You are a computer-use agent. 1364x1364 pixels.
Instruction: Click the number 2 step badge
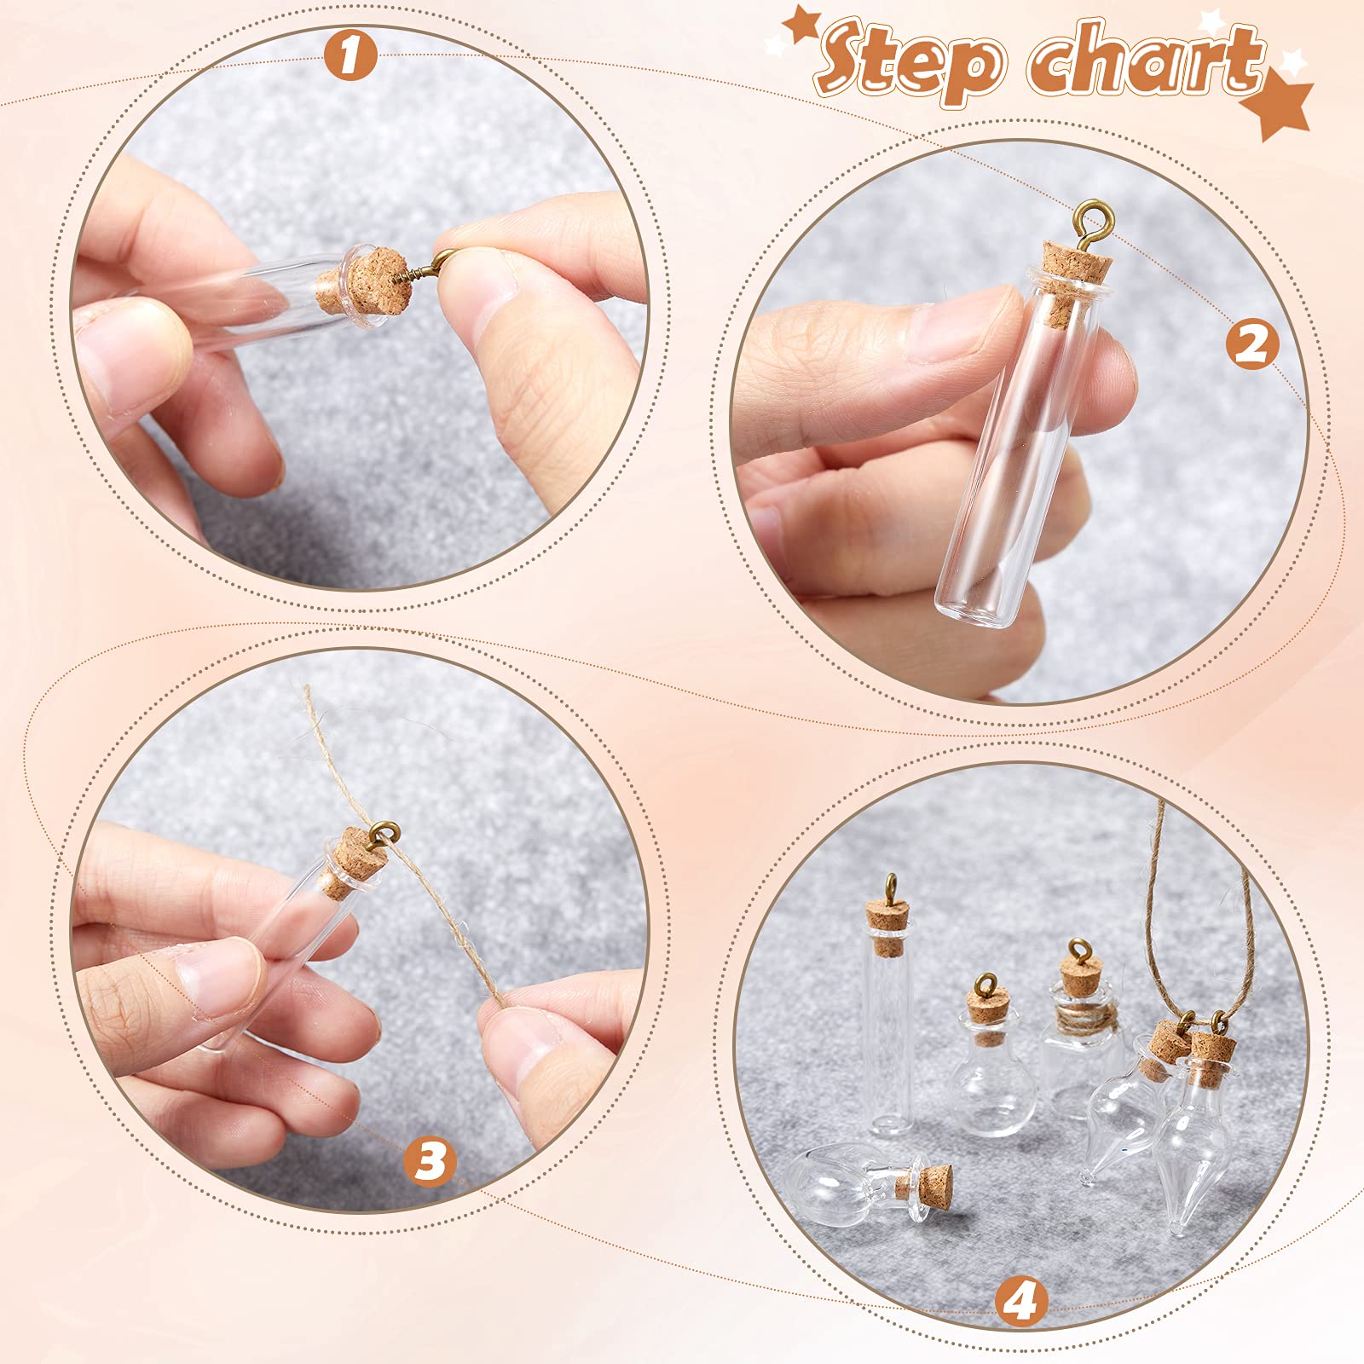pos(1252,345)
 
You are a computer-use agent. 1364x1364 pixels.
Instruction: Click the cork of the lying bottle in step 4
pos(933,1182)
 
